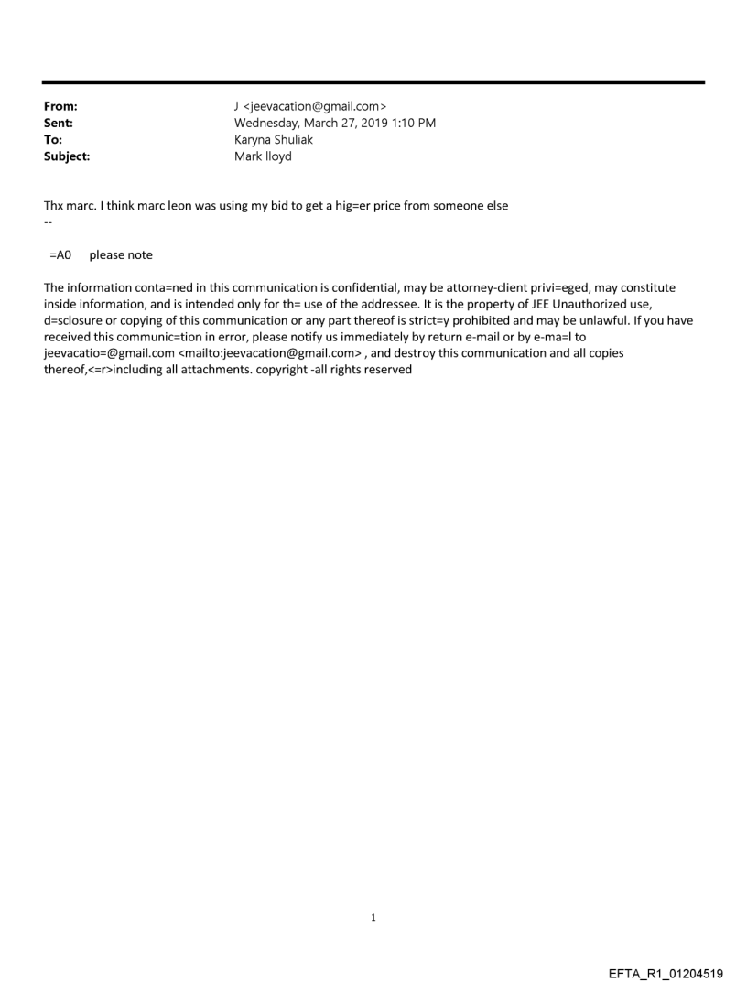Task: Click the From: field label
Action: (x=60, y=109)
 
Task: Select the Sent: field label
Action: (x=59, y=124)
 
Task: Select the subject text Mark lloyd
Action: (x=263, y=156)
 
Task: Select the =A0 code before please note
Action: (x=61, y=255)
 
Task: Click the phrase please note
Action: (x=121, y=255)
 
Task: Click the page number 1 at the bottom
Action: (x=373, y=917)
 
